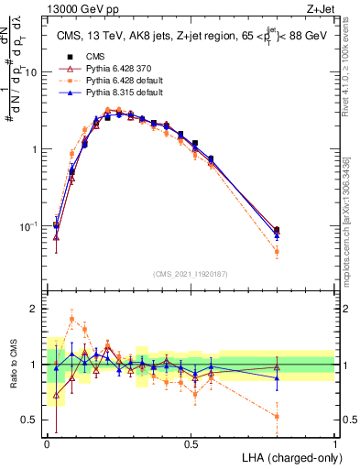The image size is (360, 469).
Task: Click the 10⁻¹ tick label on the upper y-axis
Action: point(29,225)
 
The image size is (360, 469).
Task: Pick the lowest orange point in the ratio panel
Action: point(277,416)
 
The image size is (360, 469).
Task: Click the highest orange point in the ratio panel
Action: point(71,320)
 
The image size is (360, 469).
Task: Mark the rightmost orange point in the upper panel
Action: point(277,251)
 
